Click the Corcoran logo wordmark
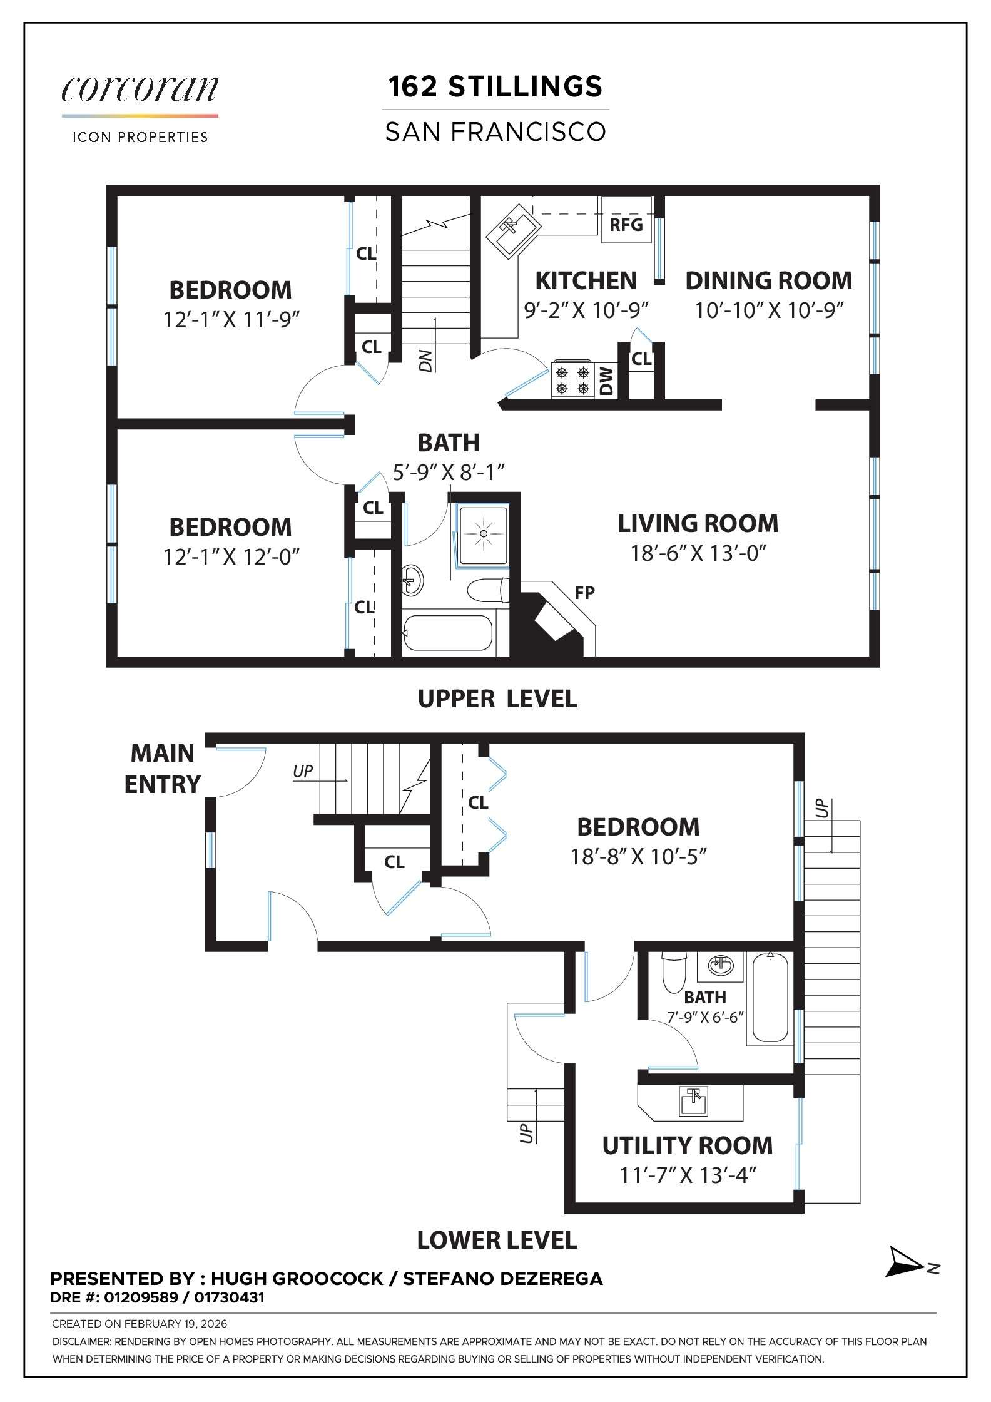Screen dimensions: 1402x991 pyautogui.click(x=140, y=90)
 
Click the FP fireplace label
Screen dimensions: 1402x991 pyautogui.click(x=584, y=592)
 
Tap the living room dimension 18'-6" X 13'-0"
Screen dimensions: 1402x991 pyautogui.click(x=698, y=553)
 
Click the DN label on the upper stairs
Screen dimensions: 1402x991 pyautogui.click(x=426, y=361)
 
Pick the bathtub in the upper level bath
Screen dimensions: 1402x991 pyautogui.click(x=448, y=634)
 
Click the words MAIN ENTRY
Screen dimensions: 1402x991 pyautogui.click(x=162, y=769)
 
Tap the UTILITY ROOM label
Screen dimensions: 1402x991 pyautogui.click(x=687, y=1145)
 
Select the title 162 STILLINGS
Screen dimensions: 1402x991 pyautogui.click(x=495, y=86)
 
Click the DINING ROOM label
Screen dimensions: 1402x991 pyautogui.click(x=768, y=280)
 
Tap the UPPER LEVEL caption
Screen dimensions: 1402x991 pyautogui.click(x=497, y=698)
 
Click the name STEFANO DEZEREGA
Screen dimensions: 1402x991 pyautogui.click(x=502, y=1279)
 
